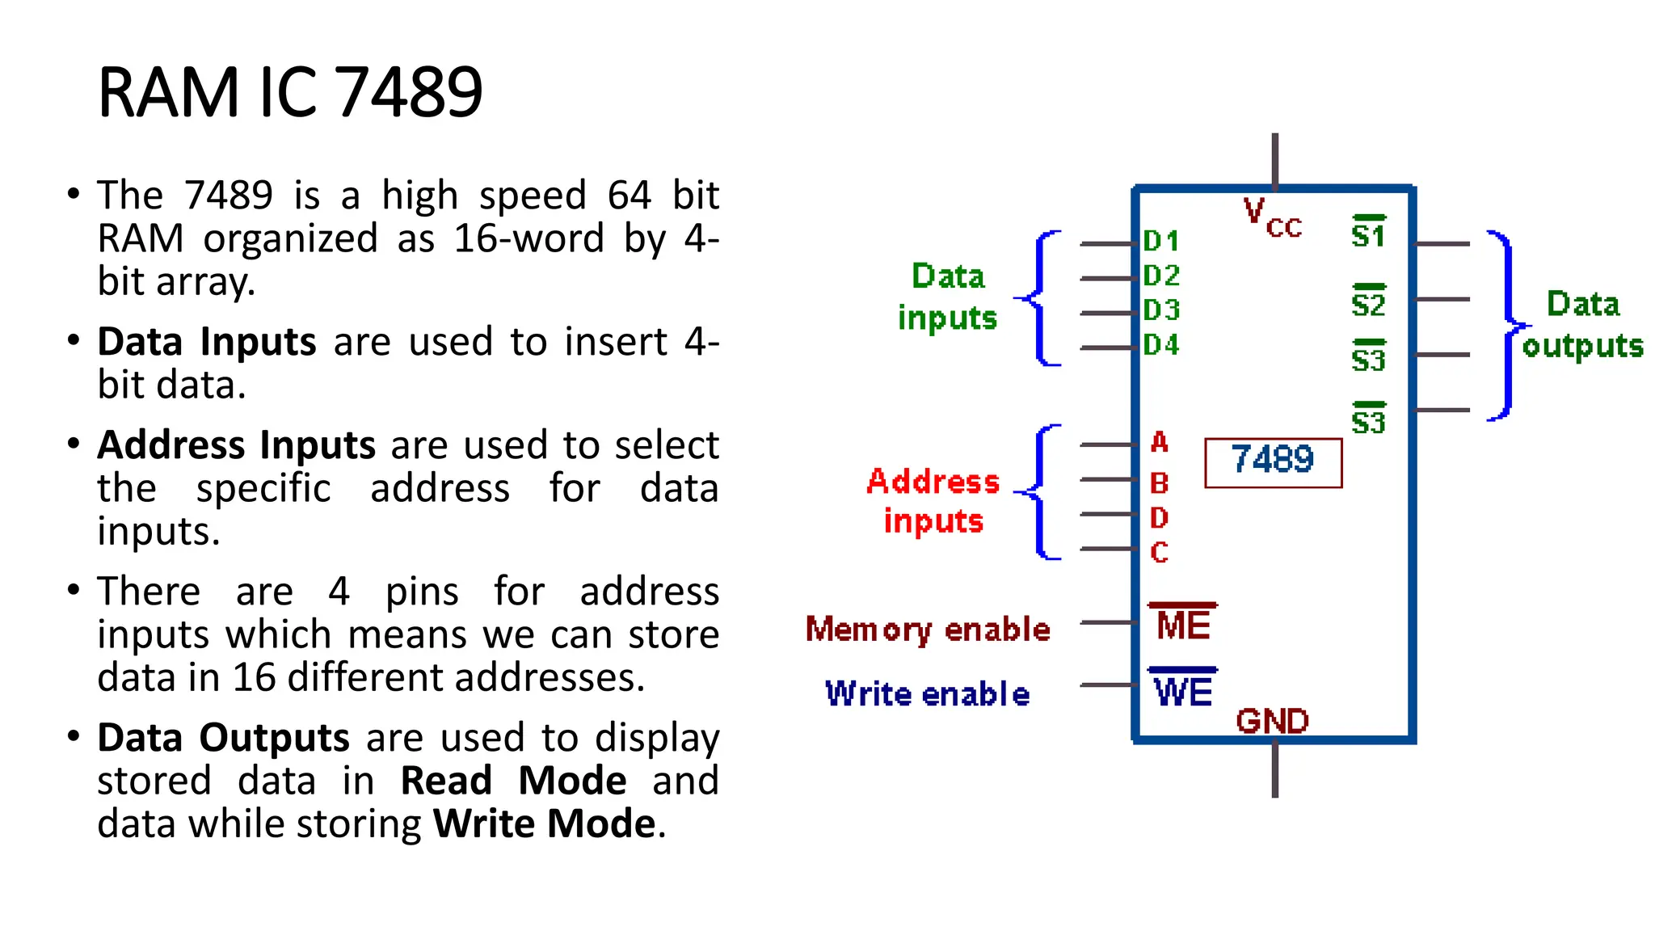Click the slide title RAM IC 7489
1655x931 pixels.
pyautogui.click(x=289, y=92)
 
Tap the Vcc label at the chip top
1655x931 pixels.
pyautogui.click(x=1272, y=218)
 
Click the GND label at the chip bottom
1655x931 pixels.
pyautogui.click(x=1272, y=721)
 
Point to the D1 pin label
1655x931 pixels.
pyautogui.click(x=1160, y=241)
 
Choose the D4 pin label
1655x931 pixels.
pyautogui.click(x=1160, y=345)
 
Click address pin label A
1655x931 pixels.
pyautogui.click(x=1159, y=443)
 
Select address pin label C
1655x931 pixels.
pyautogui.click(x=1159, y=553)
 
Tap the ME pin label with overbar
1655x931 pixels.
pyautogui.click(x=1183, y=624)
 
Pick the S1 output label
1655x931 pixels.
pyautogui.click(x=1368, y=234)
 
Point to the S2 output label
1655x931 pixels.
pyautogui.click(x=1368, y=303)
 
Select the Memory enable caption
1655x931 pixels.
pyautogui.click(x=928, y=630)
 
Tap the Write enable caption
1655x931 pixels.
pyautogui.click(x=928, y=694)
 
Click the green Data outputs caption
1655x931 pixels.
pyautogui.click(x=1582, y=325)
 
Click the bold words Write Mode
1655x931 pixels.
pyautogui.click(x=545, y=824)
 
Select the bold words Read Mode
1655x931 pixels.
pyautogui.click(x=513, y=781)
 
